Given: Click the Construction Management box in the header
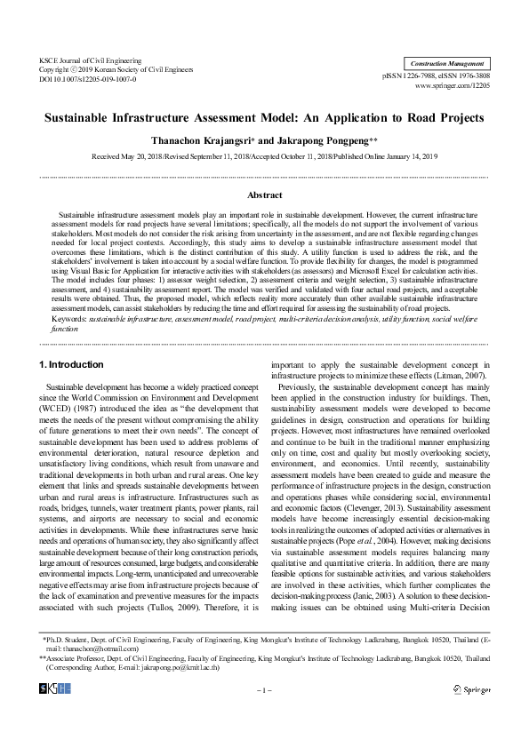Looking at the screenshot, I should pos(447,64).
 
